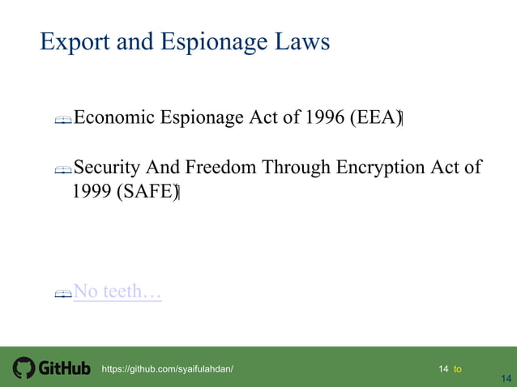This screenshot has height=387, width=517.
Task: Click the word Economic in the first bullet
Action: (114, 118)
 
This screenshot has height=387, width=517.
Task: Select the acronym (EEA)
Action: (375, 118)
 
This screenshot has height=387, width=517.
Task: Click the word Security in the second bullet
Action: (107, 168)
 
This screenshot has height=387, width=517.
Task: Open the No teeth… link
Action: (117, 291)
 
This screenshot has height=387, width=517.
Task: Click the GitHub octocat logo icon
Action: (23, 368)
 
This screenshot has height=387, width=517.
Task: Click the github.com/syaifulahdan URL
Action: (167, 369)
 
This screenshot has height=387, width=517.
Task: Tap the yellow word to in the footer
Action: (458, 369)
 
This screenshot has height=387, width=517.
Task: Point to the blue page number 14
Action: (506, 378)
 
